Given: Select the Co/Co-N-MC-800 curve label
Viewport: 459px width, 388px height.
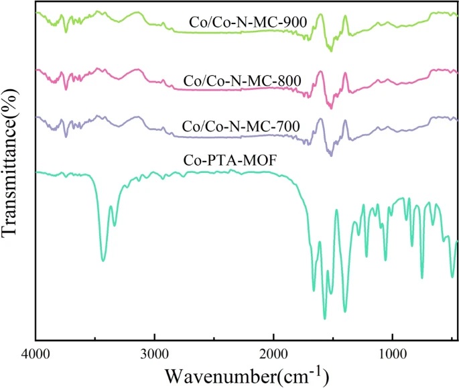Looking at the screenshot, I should coord(242,82).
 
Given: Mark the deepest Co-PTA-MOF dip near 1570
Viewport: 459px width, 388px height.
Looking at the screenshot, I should coord(325,318).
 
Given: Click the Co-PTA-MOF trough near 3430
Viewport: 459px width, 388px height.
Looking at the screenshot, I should coord(103,260).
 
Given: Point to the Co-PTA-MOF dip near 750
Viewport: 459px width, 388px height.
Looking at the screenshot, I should coord(422,277).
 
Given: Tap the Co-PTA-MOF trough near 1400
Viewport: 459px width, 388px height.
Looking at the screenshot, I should coord(345,311).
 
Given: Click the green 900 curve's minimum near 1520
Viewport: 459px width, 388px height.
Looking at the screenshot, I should coord(331,50).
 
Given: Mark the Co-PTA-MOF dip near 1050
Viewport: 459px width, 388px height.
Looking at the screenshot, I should coord(385,260).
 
